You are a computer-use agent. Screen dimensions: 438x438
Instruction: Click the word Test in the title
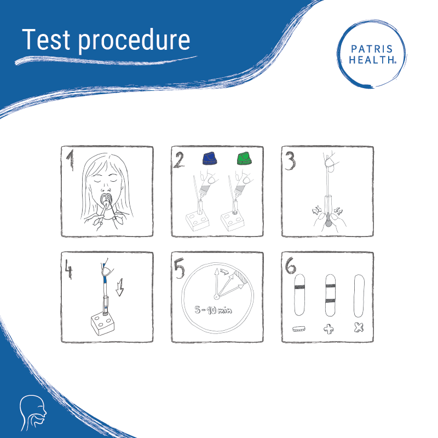click(x=46, y=39)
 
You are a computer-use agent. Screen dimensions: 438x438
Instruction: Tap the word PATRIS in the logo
click(x=372, y=49)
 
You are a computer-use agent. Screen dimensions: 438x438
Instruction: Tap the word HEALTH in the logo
click(x=372, y=60)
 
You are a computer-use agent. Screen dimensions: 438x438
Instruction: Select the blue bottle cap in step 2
click(x=210, y=158)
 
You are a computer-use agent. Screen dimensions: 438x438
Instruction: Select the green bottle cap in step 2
click(x=244, y=158)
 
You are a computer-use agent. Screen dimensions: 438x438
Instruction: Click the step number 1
click(x=70, y=159)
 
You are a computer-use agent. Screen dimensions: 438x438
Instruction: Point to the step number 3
click(x=290, y=161)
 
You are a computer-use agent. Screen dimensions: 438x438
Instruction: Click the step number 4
click(x=69, y=269)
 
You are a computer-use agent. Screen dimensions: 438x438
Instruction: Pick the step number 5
click(x=179, y=268)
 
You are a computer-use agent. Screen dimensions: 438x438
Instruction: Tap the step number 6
click(x=291, y=266)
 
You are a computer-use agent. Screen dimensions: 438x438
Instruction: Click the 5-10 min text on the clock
click(x=214, y=310)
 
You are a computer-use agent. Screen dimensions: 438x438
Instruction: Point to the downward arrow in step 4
click(x=120, y=287)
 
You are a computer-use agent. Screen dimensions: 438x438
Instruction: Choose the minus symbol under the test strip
click(x=299, y=329)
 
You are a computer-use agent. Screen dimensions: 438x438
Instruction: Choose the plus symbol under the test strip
click(x=329, y=329)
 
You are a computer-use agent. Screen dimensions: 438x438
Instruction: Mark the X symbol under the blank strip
click(x=359, y=327)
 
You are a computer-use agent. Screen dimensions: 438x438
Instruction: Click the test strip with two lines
click(x=330, y=295)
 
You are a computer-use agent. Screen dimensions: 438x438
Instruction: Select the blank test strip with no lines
click(x=359, y=296)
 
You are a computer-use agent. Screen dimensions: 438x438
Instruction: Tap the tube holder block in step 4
click(x=103, y=325)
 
